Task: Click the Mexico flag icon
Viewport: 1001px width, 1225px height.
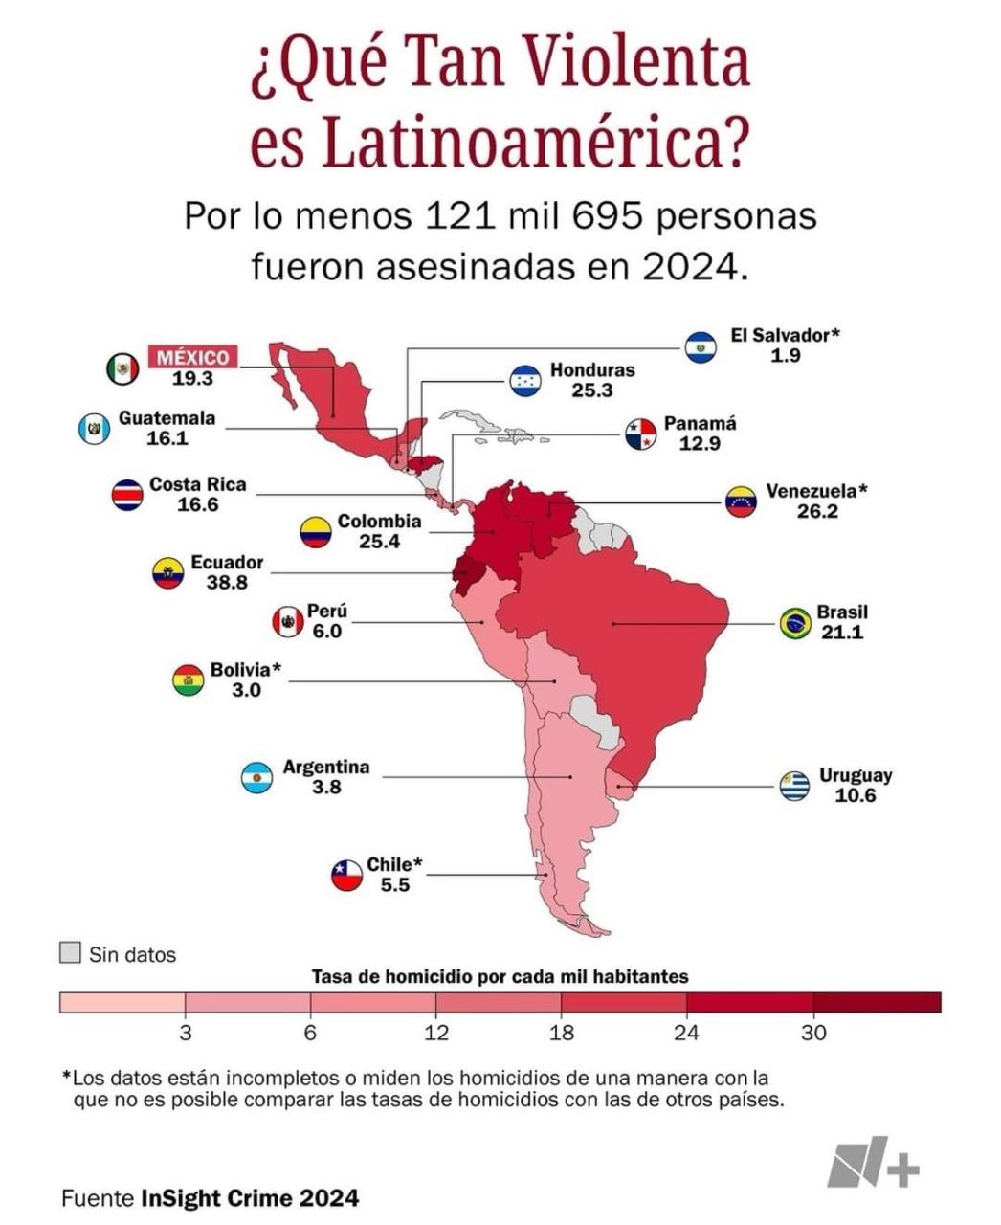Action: (x=122, y=368)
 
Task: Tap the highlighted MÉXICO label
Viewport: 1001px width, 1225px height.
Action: (x=193, y=357)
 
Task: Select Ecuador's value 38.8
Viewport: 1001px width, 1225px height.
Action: (x=227, y=582)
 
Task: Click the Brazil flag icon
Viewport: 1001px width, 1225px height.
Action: (x=795, y=624)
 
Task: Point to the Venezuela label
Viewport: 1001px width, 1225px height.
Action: (x=816, y=491)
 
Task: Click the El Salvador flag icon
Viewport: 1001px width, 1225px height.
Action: (x=701, y=347)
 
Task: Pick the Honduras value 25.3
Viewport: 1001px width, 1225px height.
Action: (x=592, y=390)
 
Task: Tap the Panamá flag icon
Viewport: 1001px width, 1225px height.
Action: (x=641, y=434)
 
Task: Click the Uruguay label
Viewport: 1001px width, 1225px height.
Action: (x=856, y=775)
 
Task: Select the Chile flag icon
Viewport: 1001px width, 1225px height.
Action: (x=346, y=876)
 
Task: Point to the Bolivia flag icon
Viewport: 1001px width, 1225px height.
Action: (x=189, y=680)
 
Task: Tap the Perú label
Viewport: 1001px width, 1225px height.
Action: (x=327, y=611)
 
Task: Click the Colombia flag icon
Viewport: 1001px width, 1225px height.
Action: (x=316, y=531)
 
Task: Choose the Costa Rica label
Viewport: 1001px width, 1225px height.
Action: (x=197, y=484)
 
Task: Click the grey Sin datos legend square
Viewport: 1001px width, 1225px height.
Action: (x=70, y=953)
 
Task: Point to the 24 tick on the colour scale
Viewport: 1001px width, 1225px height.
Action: (x=686, y=1033)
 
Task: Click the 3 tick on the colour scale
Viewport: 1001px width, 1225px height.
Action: (x=186, y=1033)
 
